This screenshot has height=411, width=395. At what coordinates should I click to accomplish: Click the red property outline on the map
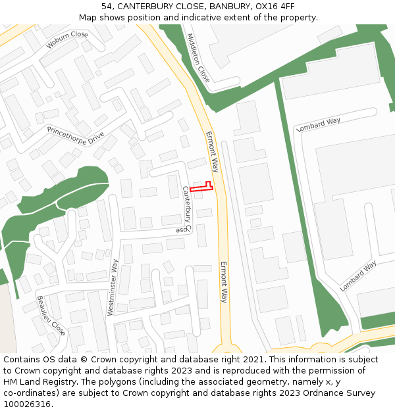[202, 187]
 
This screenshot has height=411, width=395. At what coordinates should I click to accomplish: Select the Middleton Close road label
[198, 58]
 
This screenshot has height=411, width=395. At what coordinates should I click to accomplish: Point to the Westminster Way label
[113, 287]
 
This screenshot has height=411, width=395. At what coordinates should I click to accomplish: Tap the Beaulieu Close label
[51, 316]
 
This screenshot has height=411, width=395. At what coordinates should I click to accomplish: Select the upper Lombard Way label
[319, 124]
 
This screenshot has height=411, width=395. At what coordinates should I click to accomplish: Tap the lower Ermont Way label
[224, 282]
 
